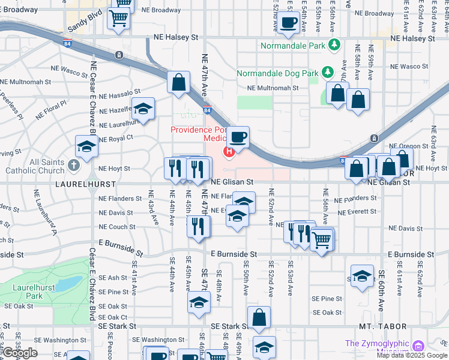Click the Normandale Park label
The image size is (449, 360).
coord(293,45)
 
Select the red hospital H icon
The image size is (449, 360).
coord(229,151)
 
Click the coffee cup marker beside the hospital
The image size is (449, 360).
coord(238,137)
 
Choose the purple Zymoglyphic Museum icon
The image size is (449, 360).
coord(418,346)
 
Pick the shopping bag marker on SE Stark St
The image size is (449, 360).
coord(259,318)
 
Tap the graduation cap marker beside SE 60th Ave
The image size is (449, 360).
coord(361,276)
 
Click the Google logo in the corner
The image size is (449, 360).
coord(20,353)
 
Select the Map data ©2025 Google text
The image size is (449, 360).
coord(412,355)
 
